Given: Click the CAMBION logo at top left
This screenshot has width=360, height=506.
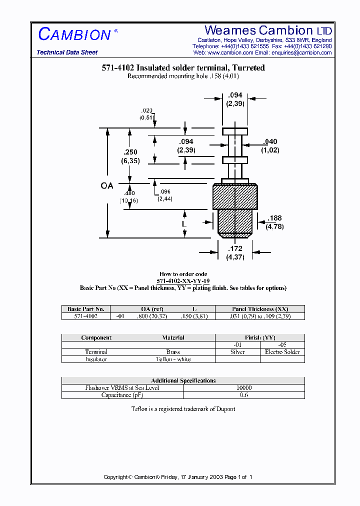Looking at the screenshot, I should (74, 34).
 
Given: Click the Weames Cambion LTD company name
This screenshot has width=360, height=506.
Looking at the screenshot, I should (268, 30).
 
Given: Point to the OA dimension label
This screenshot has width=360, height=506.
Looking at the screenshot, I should (107, 185).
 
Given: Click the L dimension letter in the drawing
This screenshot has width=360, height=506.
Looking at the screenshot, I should (184, 224).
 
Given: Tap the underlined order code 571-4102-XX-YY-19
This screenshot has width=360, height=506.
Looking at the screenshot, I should (183, 281).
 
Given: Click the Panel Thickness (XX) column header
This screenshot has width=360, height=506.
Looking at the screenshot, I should (260, 309).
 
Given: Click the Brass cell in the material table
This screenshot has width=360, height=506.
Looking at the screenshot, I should (173, 352).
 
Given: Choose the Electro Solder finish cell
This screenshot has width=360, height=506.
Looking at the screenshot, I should (282, 352).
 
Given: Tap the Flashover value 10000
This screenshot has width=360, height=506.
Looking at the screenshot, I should (244, 388).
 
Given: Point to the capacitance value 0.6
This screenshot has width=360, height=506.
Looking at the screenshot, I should (244, 395).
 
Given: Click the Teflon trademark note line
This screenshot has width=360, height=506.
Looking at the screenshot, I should (183, 409).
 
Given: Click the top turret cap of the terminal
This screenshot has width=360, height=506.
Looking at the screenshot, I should (235, 131).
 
